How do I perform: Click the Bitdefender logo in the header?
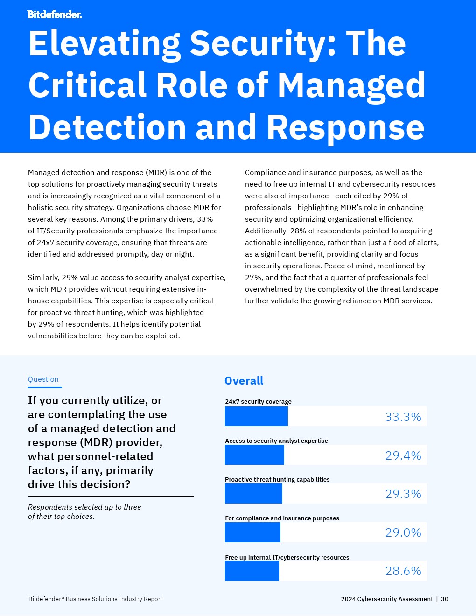click(x=55, y=14)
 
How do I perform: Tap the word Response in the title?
click(x=345, y=128)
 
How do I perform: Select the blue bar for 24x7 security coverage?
click(x=256, y=416)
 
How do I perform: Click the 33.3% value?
click(x=403, y=417)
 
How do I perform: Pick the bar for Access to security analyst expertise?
click(x=254, y=455)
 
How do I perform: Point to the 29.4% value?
click(x=403, y=455)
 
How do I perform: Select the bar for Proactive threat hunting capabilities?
click(x=253, y=494)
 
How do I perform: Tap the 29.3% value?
click(x=403, y=494)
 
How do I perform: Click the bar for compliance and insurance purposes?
click(x=252, y=532)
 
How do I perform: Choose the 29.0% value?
click(x=403, y=532)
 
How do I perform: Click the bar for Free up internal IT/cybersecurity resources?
click(x=252, y=571)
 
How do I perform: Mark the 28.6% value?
click(x=403, y=571)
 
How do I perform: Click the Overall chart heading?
click(x=244, y=381)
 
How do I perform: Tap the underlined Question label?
click(x=43, y=379)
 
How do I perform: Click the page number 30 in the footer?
click(x=445, y=599)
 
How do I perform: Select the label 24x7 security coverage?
click(x=258, y=402)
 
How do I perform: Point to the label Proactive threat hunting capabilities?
click(x=277, y=480)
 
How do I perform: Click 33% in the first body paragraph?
click(x=205, y=219)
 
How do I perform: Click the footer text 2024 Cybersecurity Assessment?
click(x=387, y=599)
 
